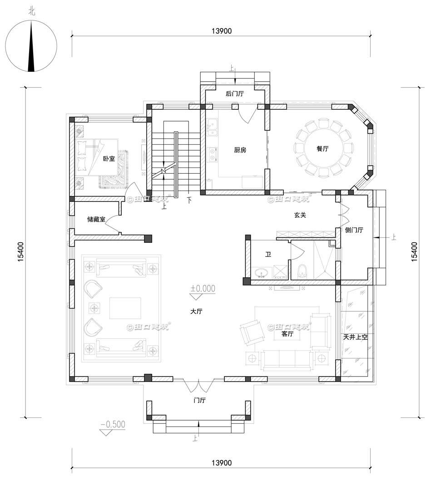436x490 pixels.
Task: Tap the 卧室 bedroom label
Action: point(109,158)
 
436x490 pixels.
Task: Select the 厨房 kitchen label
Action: point(240,150)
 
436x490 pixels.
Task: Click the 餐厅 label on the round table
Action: point(322,148)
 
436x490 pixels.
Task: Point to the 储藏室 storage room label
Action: point(96,219)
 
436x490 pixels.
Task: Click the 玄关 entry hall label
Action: point(300,215)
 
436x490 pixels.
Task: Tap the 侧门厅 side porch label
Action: point(354,230)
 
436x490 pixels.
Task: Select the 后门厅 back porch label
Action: point(235,94)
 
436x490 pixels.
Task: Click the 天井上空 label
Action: point(355,338)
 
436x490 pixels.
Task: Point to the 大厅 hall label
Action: point(196,312)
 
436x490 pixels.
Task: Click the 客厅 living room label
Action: point(287,334)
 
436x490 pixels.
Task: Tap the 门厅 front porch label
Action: point(199,400)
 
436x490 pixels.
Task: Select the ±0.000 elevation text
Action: point(203,288)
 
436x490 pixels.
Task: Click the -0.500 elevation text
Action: point(112,425)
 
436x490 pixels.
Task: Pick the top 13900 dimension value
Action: point(221,31)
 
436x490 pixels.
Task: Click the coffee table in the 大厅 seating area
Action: point(125,308)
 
